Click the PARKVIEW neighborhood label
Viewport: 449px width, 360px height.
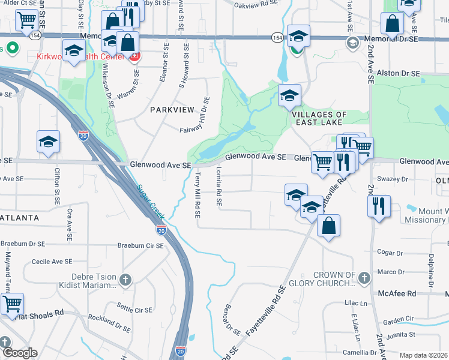[x=172, y=110]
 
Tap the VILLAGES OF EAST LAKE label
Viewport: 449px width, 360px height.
[x=319, y=118]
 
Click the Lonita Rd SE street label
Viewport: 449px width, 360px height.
[x=219, y=187]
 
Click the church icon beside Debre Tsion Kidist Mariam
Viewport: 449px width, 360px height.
[x=125, y=279]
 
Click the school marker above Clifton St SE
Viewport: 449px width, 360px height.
[x=48, y=142]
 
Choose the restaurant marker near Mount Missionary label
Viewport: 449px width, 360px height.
[x=379, y=206]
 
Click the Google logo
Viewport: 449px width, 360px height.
[x=20, y=353]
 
